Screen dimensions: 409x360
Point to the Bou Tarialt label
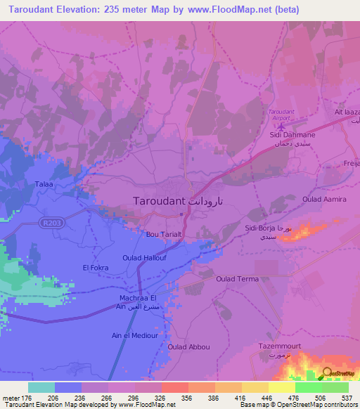coord(164,235)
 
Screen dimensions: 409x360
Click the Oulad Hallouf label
coord(145,258)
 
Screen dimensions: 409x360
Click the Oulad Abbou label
coord(188,346)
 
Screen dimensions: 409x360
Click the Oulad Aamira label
coord(324,200)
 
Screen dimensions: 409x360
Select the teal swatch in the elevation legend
coord(41,387)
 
